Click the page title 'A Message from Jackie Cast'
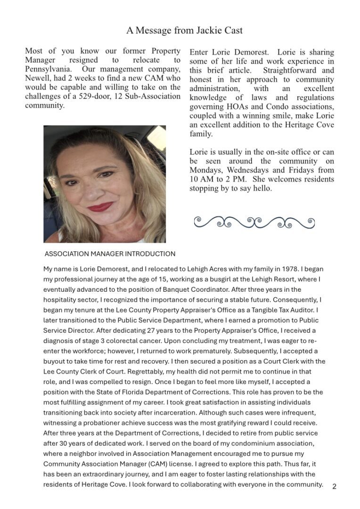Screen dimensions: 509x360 184,30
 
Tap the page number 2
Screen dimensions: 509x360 334,486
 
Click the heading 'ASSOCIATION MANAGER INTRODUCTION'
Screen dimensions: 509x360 110,254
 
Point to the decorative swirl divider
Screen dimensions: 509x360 254,221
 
